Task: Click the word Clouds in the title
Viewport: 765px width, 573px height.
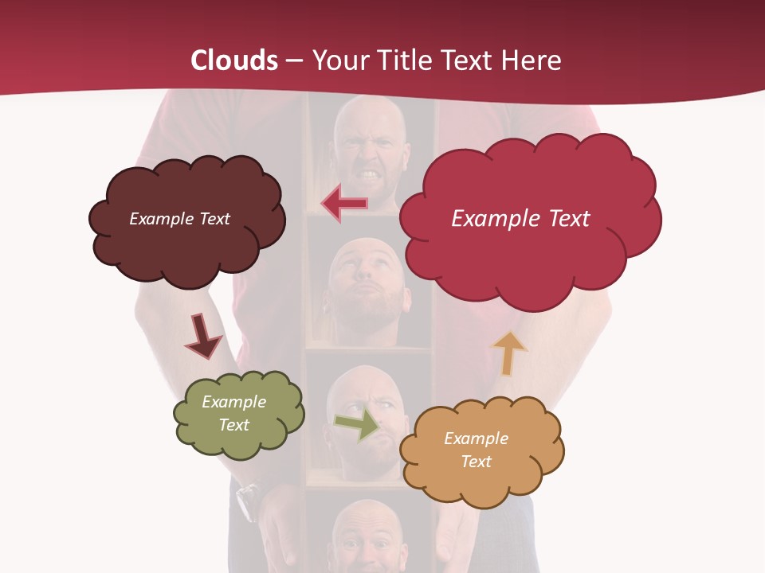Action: coord(234,60)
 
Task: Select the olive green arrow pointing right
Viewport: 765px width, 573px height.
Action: coord(358,423)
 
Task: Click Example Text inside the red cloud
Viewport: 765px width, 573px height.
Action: coord(520,218)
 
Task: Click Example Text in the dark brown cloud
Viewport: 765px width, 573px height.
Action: coord(179,218)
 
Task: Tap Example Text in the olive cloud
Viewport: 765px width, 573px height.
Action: coord(233,413)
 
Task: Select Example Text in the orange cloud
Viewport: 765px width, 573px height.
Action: coord(476,450)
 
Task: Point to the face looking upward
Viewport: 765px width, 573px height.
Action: coord(367,286)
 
